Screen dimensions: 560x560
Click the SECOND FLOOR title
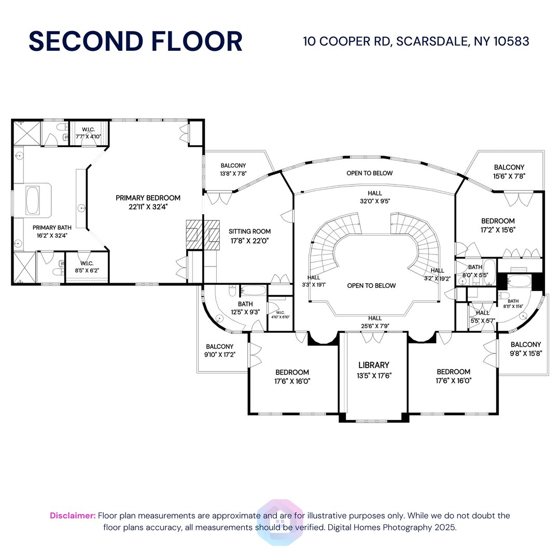pos(135,41)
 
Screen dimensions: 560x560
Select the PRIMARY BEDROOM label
pos(148,198)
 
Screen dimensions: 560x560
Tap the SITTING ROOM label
pos(249,231)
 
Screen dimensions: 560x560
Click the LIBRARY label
pos(373,365)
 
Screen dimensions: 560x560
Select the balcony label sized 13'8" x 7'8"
pos(232,166)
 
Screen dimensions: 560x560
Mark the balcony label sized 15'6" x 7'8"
pos(509,167)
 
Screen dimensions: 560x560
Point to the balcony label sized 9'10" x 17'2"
pos(219,346)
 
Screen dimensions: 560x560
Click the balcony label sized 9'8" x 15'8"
pos(525,344)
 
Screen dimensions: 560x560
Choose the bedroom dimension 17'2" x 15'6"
pos(498,229)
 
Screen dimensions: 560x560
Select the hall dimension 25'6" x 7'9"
pos(375,326)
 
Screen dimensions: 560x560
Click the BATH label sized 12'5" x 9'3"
pos(245,304)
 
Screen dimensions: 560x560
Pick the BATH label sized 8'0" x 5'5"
pos(475,268)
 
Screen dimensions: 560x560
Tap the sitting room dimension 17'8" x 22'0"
pos(249,241)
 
